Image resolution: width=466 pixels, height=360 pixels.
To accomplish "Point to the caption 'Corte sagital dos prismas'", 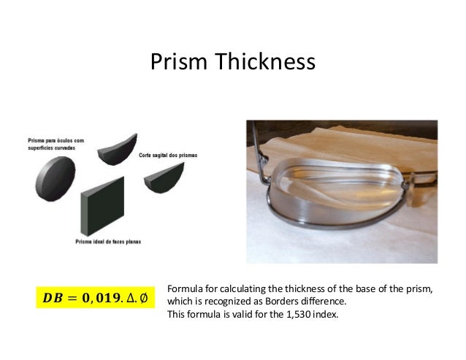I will point(167,156).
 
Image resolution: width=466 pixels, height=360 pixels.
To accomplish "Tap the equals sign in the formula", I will point(72,299).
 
